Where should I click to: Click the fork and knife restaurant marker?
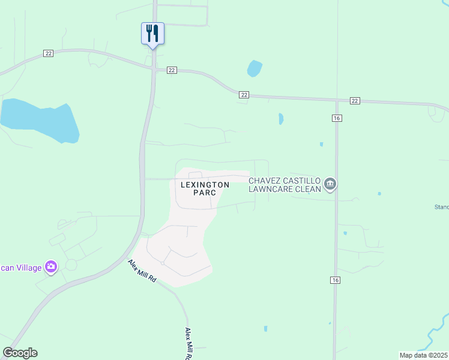[x=152, y=33]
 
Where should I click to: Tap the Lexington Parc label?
[x=205, y=188]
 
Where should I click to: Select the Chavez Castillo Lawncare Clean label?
[x=285, y=184]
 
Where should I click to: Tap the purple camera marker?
[x=51, y=266]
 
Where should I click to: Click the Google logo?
[x=20, y=353]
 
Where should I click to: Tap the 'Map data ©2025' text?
[x=424, y=355]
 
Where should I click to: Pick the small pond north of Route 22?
[x=255, y=68]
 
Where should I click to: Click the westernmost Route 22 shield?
[x=49, y=53]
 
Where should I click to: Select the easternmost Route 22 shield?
[x=355, y=100]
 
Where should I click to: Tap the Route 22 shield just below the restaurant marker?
[x=172, y=70]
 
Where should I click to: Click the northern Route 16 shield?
[x=336, y=118]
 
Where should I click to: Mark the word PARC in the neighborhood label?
[x=205, y=193]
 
